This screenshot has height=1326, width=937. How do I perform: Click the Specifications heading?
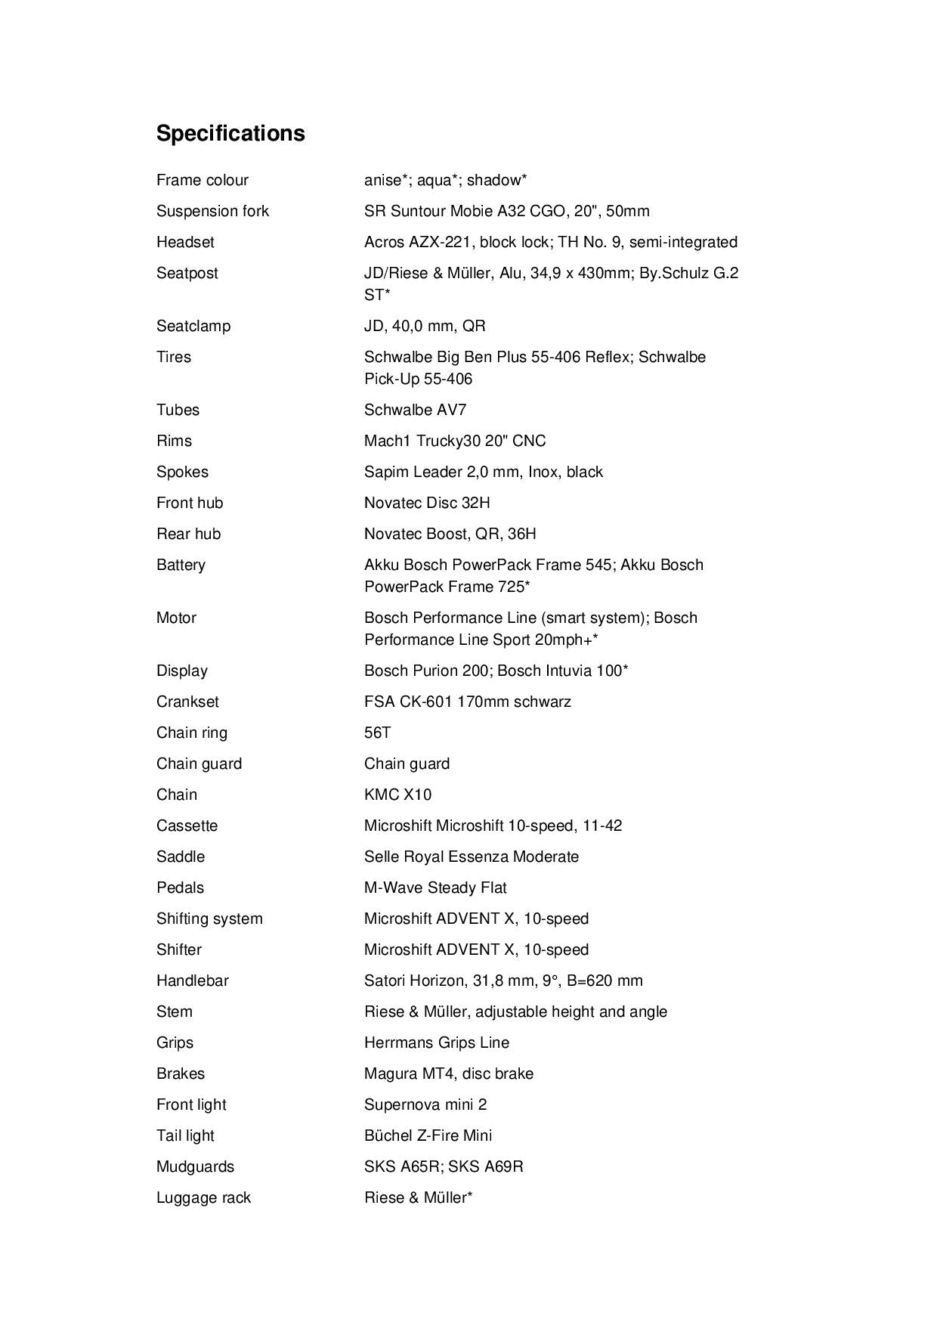[x=230, y=133]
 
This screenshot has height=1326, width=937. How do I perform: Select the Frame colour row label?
[x=202, y=180]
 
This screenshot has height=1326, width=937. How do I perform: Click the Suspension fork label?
[x=212, y=211]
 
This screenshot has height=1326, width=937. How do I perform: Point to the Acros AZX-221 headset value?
[x=550, y=242]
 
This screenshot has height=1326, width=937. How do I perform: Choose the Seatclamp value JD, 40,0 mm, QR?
[x=425, y=326]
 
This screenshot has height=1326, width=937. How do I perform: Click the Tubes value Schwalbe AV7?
[x=415, y=410]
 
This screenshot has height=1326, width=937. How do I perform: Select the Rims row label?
[x=174, y=441]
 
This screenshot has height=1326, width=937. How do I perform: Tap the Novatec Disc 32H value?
[x=427, y=503]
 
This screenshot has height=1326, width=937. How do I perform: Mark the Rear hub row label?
[x=188, y=534]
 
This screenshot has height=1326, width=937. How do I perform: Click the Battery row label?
[x=181, y=565]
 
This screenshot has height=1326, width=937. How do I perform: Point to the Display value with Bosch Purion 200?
[x=496, y=671]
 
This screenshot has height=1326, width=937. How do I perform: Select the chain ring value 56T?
[x=377, y=733]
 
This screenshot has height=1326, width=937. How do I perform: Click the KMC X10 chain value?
[x=397, y=795]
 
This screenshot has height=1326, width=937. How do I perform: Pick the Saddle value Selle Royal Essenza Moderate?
[x=472, y=857]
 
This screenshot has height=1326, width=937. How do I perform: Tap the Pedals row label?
[x=180, y=888]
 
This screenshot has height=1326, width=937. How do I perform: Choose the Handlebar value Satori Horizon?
[x=503, y=981]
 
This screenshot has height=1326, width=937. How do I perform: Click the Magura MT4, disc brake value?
[x=448, y=1074]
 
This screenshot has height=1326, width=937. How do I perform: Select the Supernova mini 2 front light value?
[x=425, y=1104]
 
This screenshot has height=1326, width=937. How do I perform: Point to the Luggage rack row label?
[x=203, y=1197]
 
